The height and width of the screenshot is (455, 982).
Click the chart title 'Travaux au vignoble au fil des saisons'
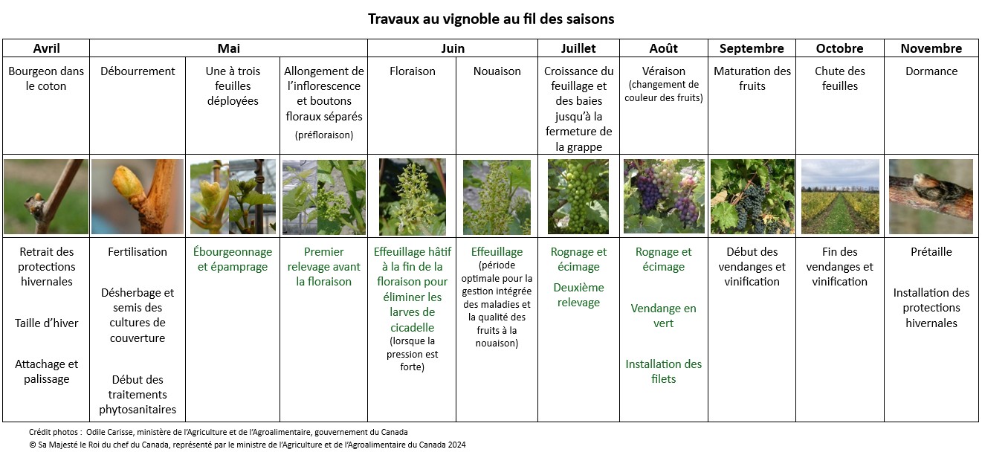(491, 19)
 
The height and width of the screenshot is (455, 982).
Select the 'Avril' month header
(46, 48)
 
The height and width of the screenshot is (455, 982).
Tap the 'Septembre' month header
(752, 48)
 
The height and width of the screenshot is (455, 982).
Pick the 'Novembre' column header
(931, 48)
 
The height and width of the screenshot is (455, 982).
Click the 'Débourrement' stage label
(138, 71)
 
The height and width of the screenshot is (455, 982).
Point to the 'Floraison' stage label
(412, 71)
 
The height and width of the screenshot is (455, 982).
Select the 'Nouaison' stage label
(497, 71)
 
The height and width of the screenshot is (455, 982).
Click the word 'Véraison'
(663, 71)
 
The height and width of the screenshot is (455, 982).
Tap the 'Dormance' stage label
(931, 71)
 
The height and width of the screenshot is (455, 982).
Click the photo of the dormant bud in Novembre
(931, 196)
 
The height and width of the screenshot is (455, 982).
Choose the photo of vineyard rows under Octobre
(840, 196)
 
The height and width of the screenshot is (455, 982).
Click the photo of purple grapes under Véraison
(663, 196)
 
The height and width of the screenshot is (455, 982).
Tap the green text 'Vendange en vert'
(663, 315)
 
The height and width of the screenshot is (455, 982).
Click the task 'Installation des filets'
(663, 371)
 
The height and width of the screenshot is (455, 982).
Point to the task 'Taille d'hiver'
(46, 323)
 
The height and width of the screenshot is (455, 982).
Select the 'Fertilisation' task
(138, 251)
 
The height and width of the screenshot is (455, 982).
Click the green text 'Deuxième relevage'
(578, 294)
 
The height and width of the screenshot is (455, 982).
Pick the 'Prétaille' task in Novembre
(931, 251)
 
